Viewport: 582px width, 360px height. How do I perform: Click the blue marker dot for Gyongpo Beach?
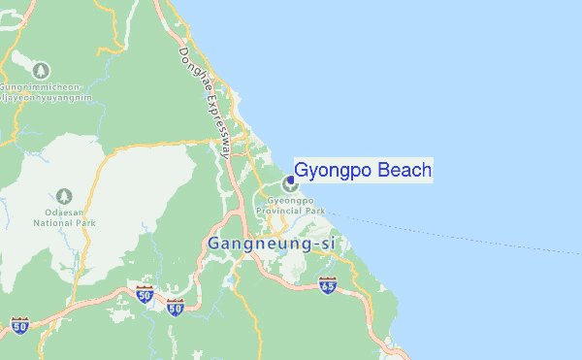pos(290,180)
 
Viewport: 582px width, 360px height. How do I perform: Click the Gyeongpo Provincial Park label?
pos(289,205)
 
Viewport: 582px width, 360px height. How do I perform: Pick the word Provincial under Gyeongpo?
pos(280,211)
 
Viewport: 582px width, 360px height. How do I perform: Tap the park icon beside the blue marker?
pos(286,183)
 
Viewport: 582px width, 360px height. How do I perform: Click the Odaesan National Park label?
pos(64,216)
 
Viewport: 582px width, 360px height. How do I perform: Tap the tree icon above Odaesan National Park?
pos(64,195)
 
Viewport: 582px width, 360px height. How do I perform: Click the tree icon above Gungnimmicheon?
pos(41,70)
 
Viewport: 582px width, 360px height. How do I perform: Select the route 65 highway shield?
pos(328,285)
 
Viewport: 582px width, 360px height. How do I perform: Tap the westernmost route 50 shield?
pos(19,324)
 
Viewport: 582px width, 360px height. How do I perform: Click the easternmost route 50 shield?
pos(176,307)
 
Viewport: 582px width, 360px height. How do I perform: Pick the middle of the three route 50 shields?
pos(145,294)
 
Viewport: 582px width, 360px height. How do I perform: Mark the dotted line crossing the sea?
pos(456,233)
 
